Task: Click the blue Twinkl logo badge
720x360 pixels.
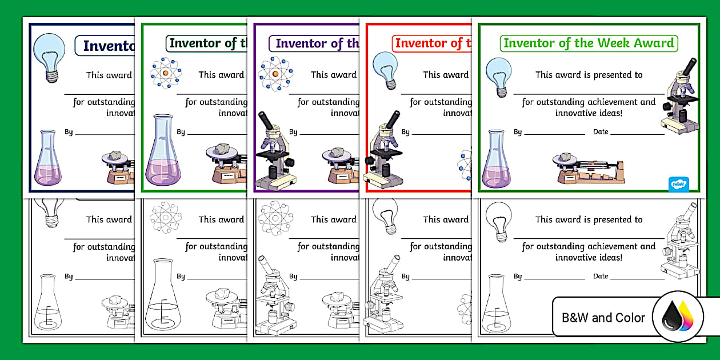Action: [678, 185]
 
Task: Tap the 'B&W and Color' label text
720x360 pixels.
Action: [603, 318]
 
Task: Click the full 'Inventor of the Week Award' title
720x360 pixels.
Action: [589, 43]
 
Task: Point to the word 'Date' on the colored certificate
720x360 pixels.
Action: [601, 132]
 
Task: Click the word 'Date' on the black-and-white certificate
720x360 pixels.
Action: [601, 277]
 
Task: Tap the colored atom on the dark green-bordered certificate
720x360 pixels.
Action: [165, 74]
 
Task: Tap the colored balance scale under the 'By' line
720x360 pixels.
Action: [589, 170]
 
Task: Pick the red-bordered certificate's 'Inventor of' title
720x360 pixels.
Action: [429, 43]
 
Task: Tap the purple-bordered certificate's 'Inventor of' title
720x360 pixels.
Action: [317, 43]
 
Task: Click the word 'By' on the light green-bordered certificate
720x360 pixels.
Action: [518, 132]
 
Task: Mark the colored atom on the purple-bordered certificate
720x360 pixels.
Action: [275, 74]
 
